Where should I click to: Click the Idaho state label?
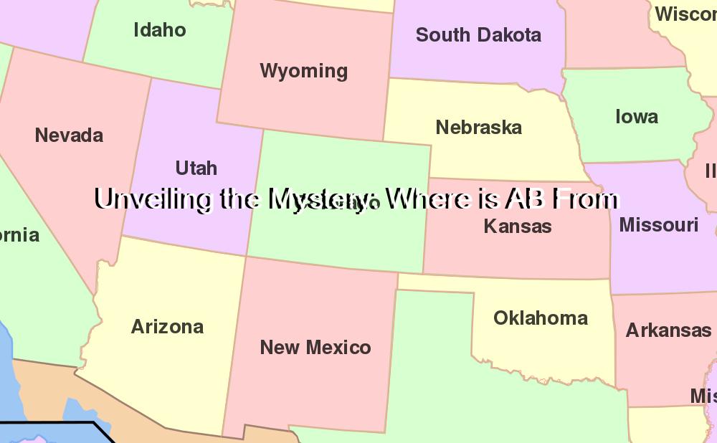pyautogui.click(x=160, y=30)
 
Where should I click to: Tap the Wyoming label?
pyautogui.click(x=304, y=71)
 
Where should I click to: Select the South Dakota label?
pyautogui.click(x=478, y=35)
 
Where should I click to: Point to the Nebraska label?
pyautogui.click(x=479, y=128)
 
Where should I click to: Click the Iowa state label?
pyautogui.click(x=637, y=117)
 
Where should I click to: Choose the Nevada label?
pyautogui.click(x=69, y=135)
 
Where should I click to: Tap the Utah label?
pyautogui.click(x=196, y=168)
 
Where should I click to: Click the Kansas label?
pyautogui.click(x=518, y=227)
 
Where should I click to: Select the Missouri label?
pyautogui.click(x=659, y=225)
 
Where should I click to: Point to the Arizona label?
pyautogui.click(x=168, y=327)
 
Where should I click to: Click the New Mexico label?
pyautogui.click(x=315, y=348)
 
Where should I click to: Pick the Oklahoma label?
pyautogui.click(x=541, y=318)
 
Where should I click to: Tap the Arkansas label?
pyautogui.click(x=668, y=330)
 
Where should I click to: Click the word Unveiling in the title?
pyautogui.click(x=153, y=199)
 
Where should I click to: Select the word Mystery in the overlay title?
pyautogui.click(x=323, y=199)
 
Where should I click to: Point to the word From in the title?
pyautogui.click(x=585, y=199)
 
